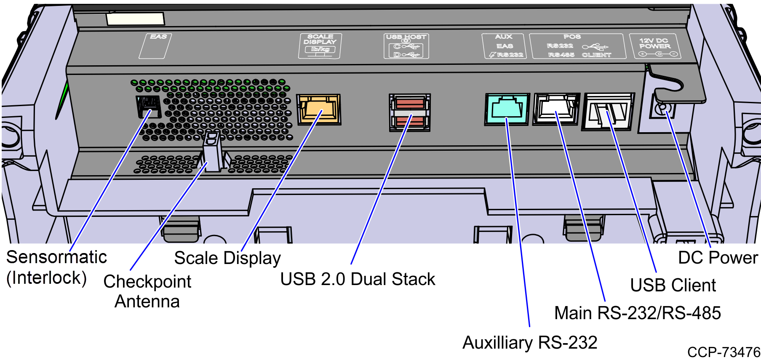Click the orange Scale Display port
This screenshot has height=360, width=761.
(318, 109)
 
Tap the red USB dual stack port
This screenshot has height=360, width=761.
(409, 112)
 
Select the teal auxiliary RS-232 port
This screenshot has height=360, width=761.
(507, 109)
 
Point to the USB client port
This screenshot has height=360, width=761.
(608, 111)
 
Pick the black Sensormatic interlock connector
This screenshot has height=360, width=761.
(148, 106)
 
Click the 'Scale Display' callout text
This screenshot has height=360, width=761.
(227, 258)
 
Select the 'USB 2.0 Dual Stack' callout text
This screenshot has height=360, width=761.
(358, 279)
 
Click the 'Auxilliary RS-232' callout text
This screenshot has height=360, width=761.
(530, 343)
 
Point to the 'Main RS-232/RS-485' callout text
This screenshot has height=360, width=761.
(637, 313)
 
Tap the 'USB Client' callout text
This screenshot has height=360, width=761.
(673, 285)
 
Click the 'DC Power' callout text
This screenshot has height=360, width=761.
(718, 258)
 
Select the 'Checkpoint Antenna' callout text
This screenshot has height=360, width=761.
(147, 291)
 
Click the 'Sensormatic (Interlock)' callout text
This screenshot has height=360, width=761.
(56, 268)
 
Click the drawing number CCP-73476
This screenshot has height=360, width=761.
(724, 352)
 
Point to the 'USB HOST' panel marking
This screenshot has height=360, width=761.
(406, 37)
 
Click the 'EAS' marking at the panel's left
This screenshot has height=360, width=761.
(158, 37)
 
